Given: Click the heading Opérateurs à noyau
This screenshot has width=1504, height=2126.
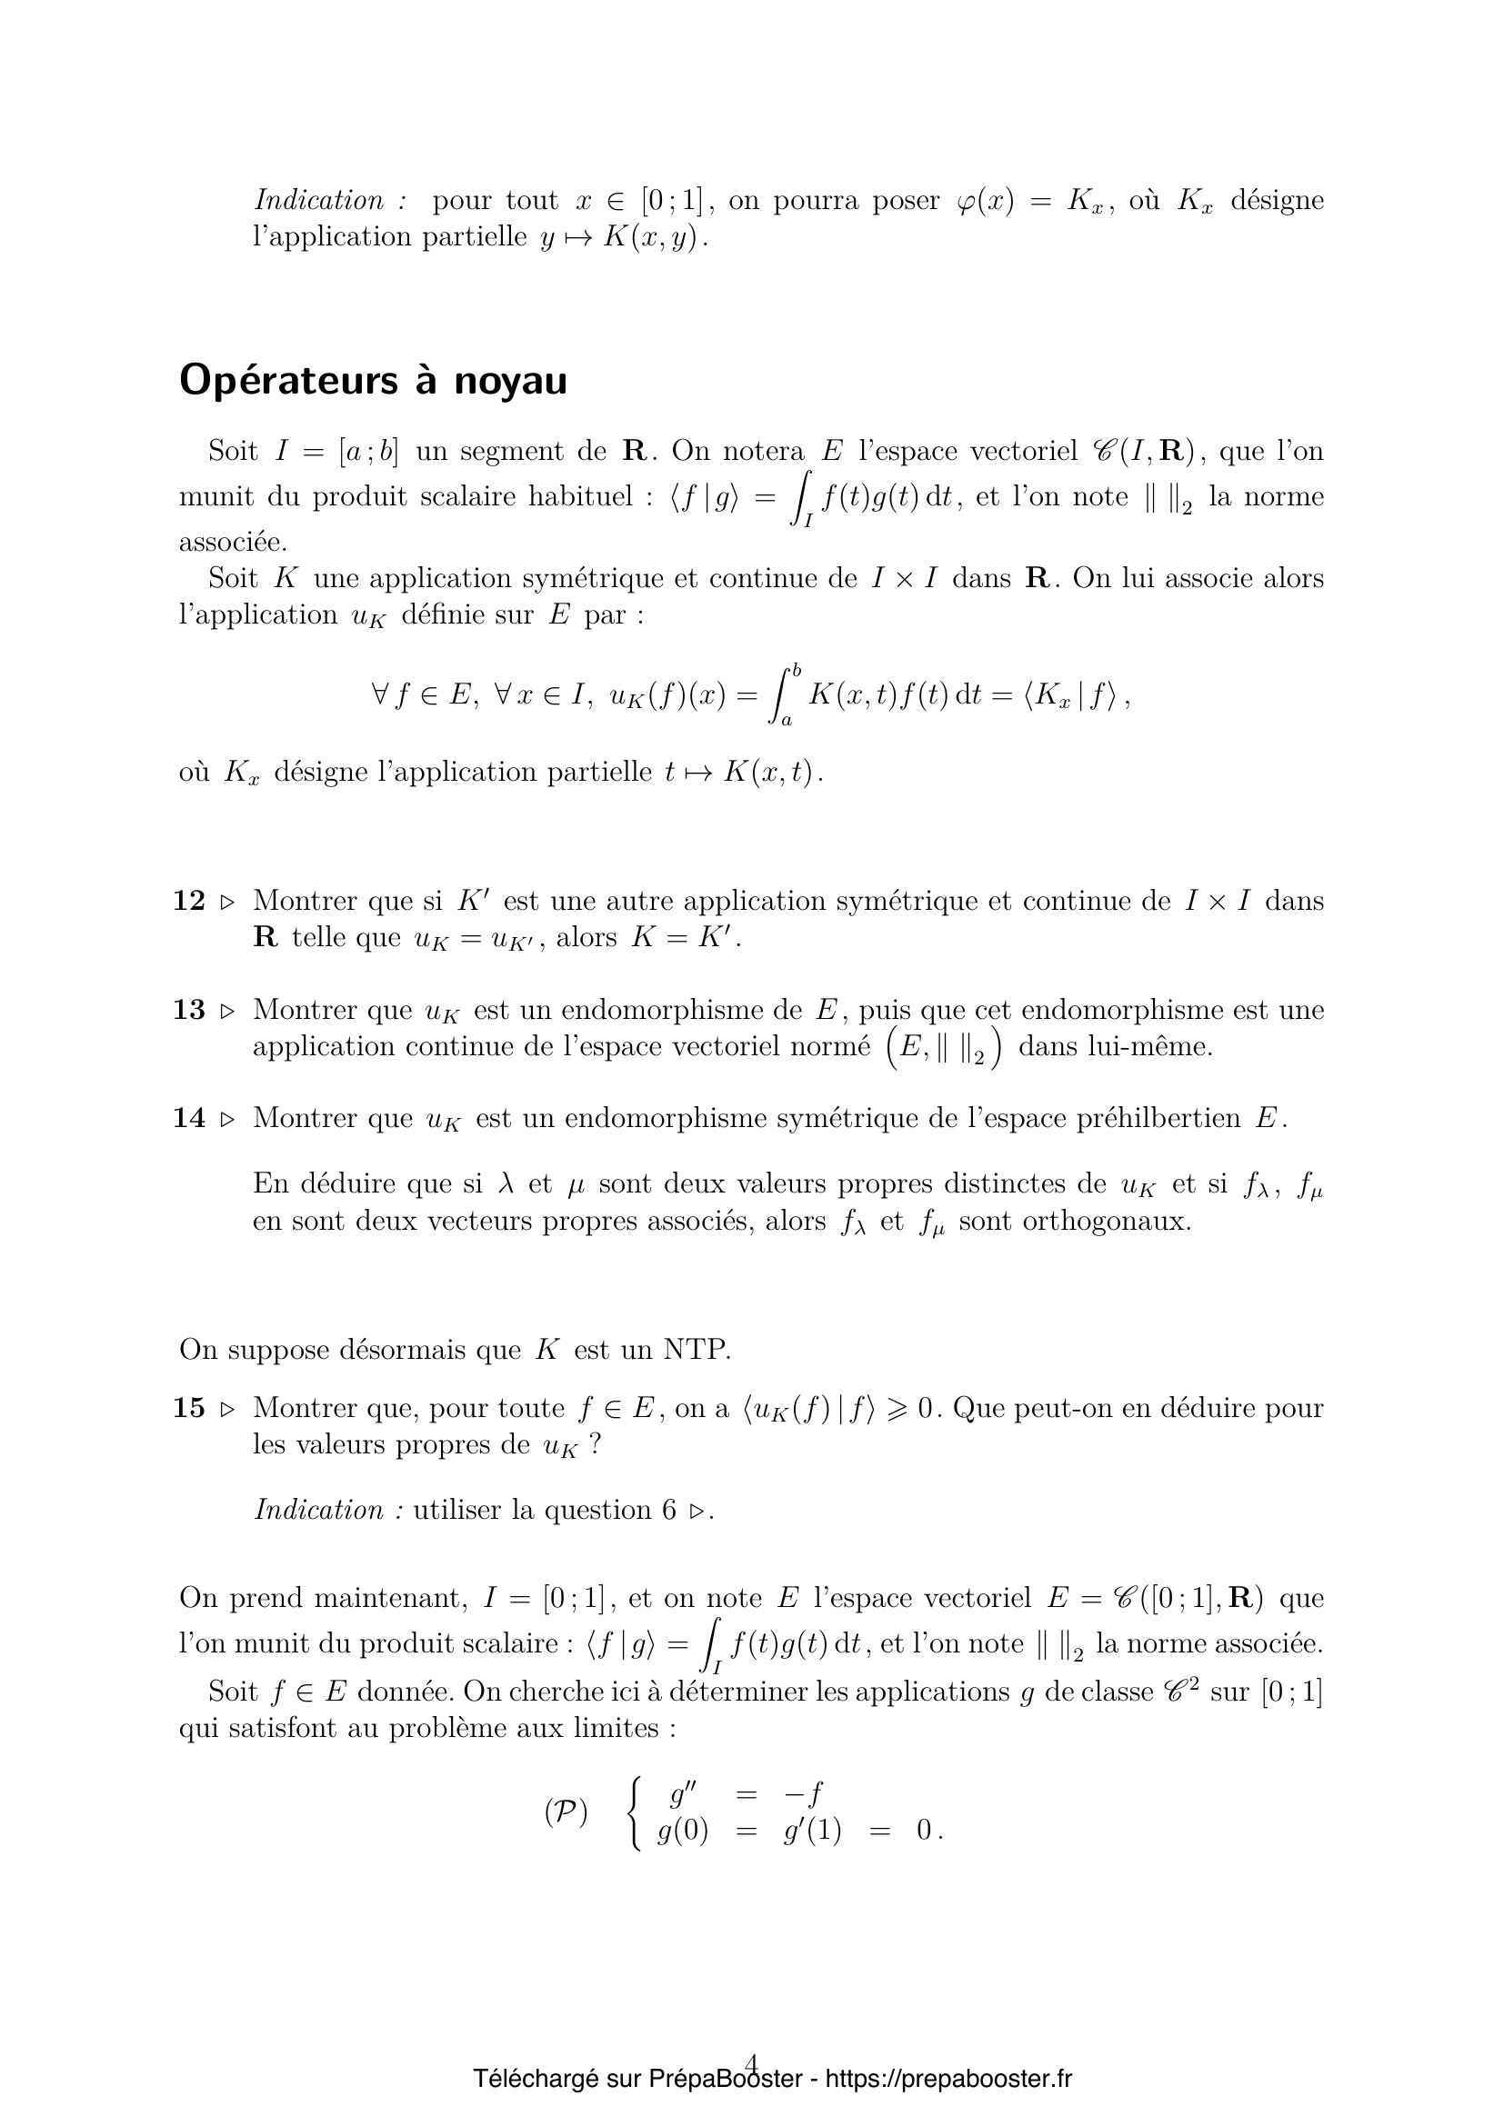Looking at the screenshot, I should (x=372, y=381).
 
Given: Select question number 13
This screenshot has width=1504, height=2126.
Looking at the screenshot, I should (x=189, y=1009).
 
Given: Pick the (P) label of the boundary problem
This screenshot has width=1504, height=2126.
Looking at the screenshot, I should (x=566, y=1813).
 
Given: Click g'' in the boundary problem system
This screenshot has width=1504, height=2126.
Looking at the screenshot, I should (x=683, y=1794).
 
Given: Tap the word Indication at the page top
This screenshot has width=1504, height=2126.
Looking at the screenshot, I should (x=318, y=200).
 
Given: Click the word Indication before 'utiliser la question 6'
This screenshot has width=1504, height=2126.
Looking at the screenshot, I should (x=318, y=1511).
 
